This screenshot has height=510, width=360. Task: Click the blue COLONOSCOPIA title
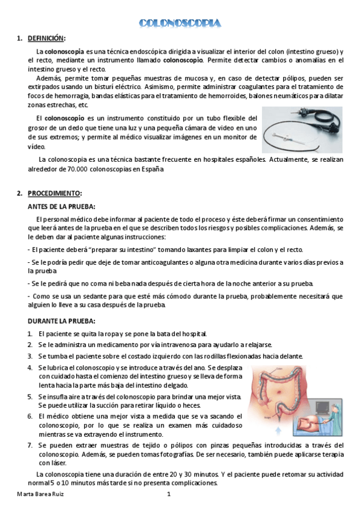pos(180,23)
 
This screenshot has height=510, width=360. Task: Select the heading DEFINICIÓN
pos(46,38)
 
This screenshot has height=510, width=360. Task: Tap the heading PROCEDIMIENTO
pos(53,193)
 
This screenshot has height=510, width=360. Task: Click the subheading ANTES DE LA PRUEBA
pos(59,206)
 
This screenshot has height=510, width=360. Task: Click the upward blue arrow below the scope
pos(278,431)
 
